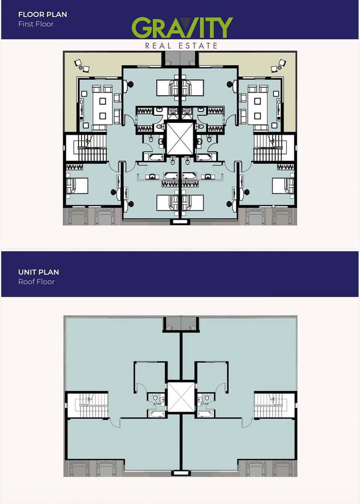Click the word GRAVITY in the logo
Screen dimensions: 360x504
click(182, 27)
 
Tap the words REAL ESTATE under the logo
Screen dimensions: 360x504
click(181, 46)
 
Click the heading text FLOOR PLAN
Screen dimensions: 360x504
click(43, 14)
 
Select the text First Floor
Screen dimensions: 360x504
click(36, 24)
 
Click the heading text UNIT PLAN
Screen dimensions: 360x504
click(39, 272)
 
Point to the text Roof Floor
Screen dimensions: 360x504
click(36, 282)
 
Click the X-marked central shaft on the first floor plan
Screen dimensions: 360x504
click(180, 138)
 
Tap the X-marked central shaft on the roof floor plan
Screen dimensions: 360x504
click(181, 397)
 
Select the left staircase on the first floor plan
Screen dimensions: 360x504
click(92, 148)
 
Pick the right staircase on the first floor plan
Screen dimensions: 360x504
click(268, 148)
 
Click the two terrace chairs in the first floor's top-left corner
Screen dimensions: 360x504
click(82, 65)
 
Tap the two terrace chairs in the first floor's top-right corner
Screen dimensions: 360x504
click(278, 65)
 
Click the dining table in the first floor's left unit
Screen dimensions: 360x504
click(103, 109)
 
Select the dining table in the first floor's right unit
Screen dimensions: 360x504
click(257, 109)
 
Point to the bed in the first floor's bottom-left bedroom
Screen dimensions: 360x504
click(77, 186)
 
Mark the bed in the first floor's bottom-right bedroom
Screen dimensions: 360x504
click(283, 186)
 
